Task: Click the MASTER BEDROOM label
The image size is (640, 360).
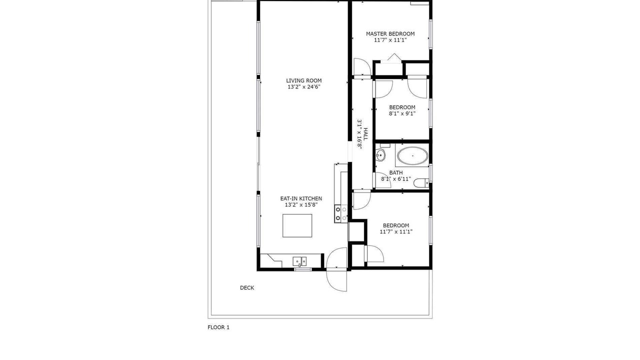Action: (390, 33)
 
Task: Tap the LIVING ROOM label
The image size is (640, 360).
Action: (303, 80)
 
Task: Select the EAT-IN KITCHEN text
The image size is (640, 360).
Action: (301, 198)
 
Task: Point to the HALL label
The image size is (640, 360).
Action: (365, 134)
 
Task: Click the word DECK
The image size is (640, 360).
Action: (247, 287)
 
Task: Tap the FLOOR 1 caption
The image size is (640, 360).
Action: (218, 327)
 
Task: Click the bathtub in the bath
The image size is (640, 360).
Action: (412, 155)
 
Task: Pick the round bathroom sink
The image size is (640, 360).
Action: (380, 155)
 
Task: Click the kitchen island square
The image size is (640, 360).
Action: (297, 225)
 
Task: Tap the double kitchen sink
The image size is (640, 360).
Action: (299, 261)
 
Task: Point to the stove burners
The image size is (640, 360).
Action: (341, 213)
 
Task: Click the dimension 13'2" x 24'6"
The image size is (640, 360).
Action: (303, 87)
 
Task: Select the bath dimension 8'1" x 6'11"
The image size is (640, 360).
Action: (396, 179)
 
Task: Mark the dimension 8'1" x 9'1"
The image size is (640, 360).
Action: (402, 113)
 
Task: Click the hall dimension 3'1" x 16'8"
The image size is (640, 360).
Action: (359, 134)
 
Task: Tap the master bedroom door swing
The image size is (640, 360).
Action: (362, 67)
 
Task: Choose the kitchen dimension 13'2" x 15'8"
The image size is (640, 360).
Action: (301, 205)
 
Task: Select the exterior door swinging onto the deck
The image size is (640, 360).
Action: (336, 280)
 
